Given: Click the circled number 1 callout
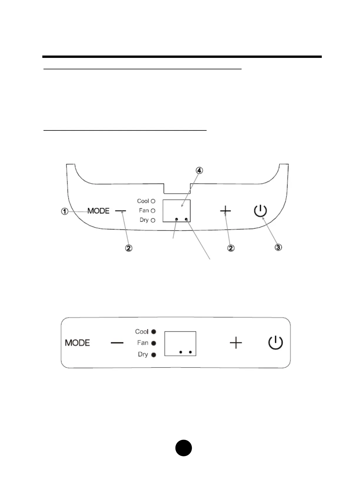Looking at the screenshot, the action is pyautogui.click(x=65, y=211).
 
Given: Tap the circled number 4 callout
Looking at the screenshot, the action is pyautogui.click(x=200, y=170).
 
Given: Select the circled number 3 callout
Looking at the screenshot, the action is pyautogui.click(x=278, y=247).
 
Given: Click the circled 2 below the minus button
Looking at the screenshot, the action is pyautogui.click(x=129, y=248).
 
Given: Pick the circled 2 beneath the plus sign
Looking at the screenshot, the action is pyautogui.click(x=231, y=248).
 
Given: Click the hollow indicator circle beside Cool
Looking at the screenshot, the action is pyautogui.click(x=153, y=201).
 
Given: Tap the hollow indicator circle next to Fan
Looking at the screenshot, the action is pyautogui.click(x=153, y=211).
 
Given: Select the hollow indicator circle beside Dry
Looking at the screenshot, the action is pyautogui.click(x=153, y=220).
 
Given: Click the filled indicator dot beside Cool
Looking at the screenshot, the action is pyautogui.click(x=153, y=332).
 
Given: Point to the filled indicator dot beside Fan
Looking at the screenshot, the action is pyautogui.click(x=153, y=343).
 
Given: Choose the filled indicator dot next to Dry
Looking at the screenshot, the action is pyautogui.click(x=153, y=355).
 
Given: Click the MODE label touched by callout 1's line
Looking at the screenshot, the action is pyautogui.click(x=98, y=211).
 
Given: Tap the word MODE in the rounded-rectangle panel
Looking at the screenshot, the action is pyautogui.click(x=77, y=343).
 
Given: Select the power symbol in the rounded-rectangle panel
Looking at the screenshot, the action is pyautogui.click(x=276, y=343).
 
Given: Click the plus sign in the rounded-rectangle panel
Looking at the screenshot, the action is pyautogui.click(x=236, y=343).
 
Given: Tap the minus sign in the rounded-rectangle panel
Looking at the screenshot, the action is pyautogui.click(x=117, y=343).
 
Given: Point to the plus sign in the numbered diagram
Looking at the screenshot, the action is pyautogui.click(x=225, y=211).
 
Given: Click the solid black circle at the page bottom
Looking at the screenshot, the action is pyautogui.click(x=184, y=448).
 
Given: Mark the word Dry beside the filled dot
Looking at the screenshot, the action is pyautogui.click(x=143, y=355).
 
